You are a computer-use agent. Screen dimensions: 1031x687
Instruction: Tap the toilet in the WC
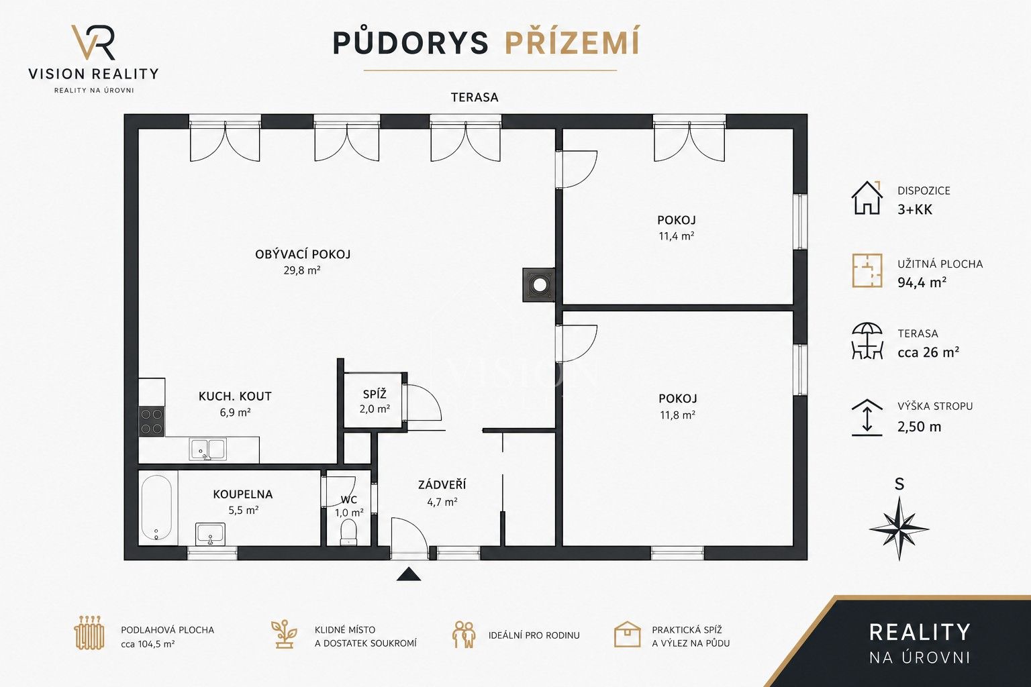348,532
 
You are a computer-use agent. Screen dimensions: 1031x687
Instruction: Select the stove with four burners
152,421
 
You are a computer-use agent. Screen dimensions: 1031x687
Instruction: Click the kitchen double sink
207,450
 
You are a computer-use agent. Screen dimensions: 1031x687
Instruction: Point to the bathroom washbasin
210,534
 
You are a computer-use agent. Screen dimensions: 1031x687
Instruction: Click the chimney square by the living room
538,285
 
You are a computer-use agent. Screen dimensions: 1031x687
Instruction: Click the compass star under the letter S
899,528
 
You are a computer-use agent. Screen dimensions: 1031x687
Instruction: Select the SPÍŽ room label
375,394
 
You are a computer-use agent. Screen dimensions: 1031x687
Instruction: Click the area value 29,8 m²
302,270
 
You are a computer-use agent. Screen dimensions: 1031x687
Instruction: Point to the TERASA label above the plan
475,97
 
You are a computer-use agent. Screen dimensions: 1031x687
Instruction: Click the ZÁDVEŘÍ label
442,484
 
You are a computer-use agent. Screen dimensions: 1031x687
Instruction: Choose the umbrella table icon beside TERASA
867,341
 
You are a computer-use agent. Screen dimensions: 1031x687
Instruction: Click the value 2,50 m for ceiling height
919,427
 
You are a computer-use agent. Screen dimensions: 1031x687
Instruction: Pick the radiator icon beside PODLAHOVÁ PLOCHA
89,633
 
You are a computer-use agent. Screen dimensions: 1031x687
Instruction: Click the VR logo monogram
93,42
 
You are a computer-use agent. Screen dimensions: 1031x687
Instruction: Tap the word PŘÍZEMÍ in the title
572,43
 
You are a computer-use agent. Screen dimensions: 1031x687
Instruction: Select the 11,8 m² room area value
677,415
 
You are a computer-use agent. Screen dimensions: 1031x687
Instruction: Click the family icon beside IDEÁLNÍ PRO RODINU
464,635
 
